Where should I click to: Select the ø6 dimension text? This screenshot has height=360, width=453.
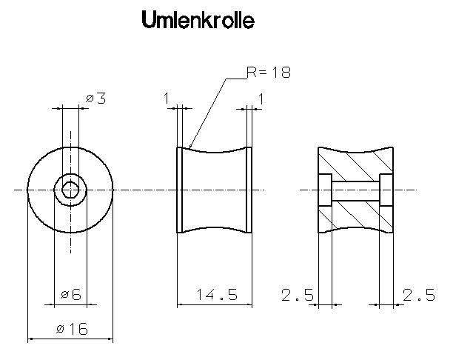(71, 295)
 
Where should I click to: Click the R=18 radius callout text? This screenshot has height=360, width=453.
(269, 73)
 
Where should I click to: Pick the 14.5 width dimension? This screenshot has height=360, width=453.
(216, 295)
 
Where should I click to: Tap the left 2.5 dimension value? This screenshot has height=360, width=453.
(297, 295)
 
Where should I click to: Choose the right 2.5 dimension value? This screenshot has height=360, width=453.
(419, 295)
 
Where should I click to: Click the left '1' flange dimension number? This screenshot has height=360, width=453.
(167, 97)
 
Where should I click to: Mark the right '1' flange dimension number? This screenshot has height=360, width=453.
(261, 97)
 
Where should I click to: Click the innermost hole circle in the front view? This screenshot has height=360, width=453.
(70, 190)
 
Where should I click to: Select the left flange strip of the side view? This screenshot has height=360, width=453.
(181, 190)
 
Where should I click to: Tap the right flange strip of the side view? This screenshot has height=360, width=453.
(249, 190)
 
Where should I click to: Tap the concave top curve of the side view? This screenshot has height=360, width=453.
(215, 154)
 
